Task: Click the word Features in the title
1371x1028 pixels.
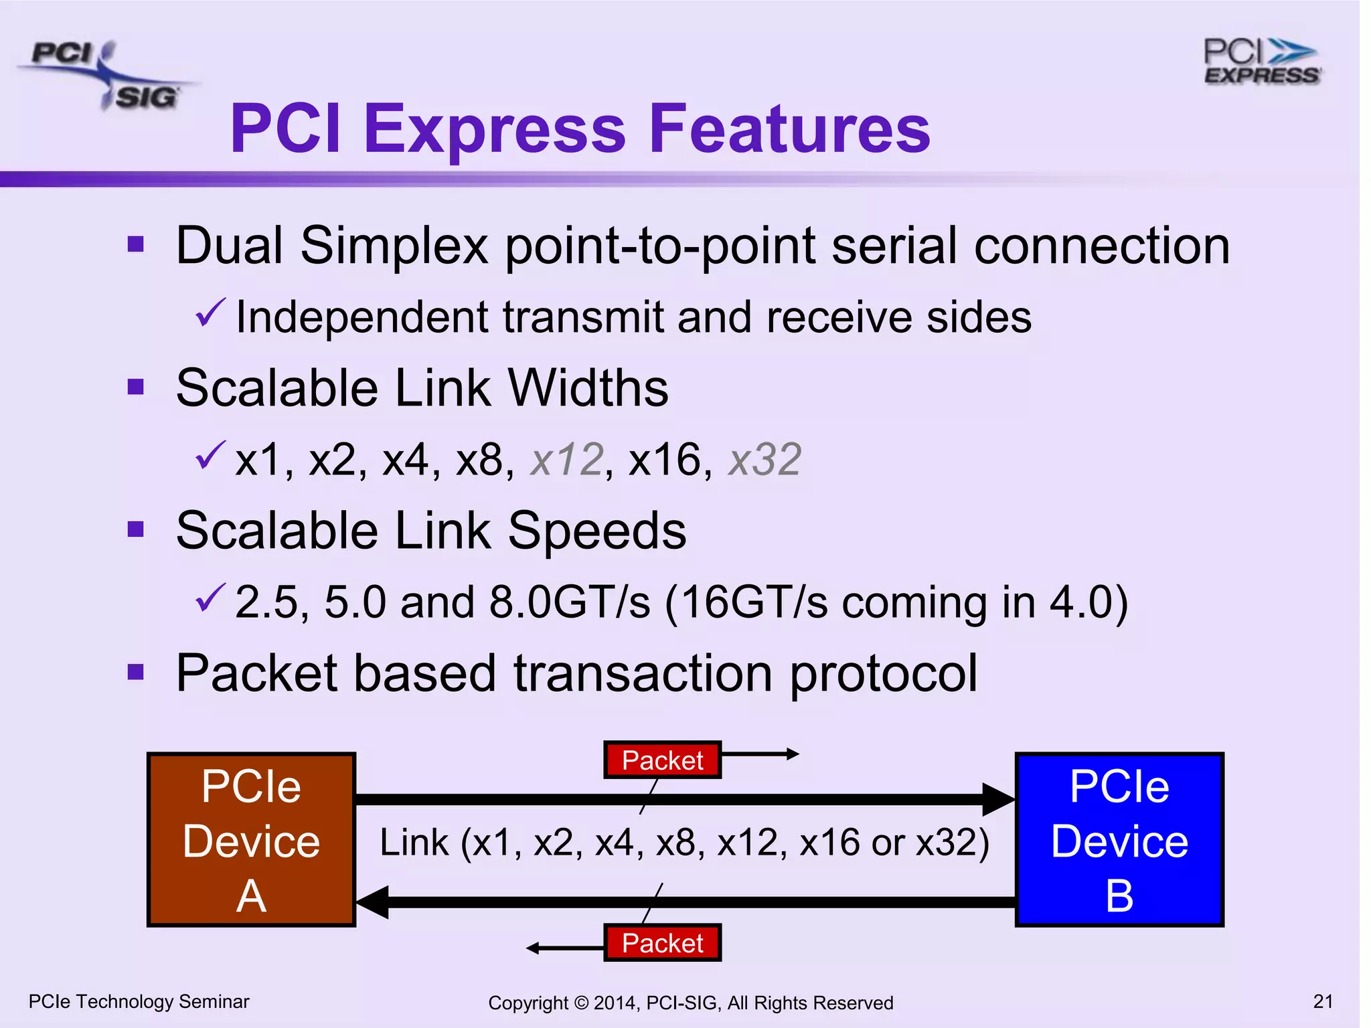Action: [x=789, y=128]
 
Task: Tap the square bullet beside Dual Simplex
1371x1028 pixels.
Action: [x=136, y=244]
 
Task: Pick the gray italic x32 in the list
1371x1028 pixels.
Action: [x=764, y=460]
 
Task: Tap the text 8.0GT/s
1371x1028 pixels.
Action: [x=570, y=602]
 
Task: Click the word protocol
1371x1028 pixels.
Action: [x=884, y=673]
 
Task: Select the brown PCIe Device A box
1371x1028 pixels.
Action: [x=251, y=840]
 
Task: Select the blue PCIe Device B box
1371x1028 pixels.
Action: [x=1119, y=840]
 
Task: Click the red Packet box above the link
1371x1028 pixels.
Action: [x=662, y=760]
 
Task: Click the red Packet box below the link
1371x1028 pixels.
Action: [x=662, y=943]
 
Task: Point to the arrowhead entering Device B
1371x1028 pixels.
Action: [x=999, y=799]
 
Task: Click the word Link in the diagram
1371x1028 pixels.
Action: [x=414, y=843]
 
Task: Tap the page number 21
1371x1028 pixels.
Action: [x=1323, y=1001]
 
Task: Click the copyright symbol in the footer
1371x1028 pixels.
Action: [x=580, y=1003]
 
